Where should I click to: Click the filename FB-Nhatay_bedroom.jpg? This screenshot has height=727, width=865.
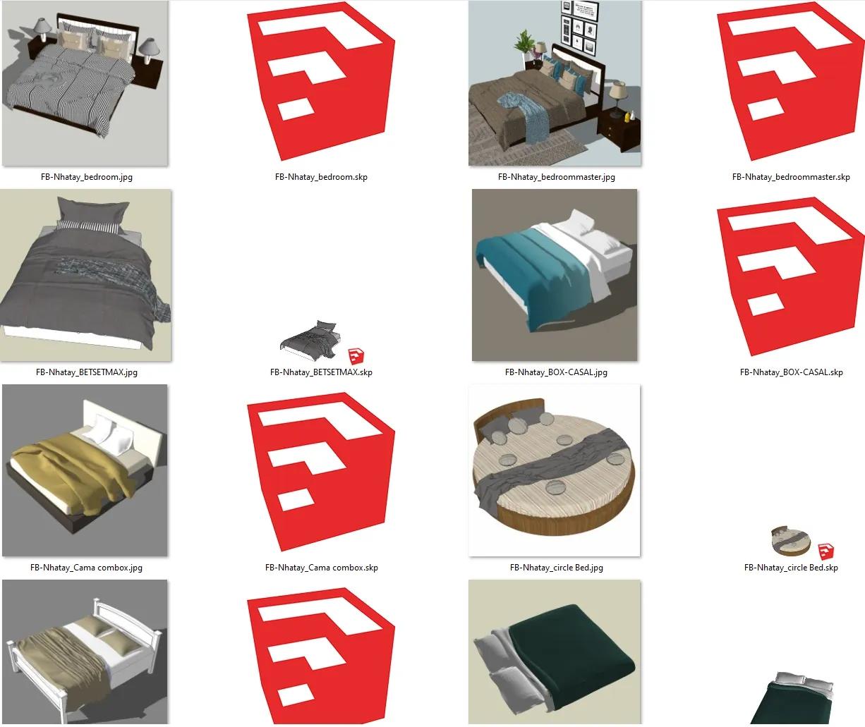point(87,177)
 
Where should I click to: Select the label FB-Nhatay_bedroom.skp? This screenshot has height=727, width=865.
point(321,177)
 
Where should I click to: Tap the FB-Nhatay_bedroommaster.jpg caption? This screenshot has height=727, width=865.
point(557,177)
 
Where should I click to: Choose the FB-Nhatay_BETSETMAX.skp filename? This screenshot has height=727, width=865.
point(321,372)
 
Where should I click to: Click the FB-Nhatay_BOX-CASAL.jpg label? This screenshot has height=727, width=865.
point(557,372)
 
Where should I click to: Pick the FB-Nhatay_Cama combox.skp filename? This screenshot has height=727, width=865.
point(322,568)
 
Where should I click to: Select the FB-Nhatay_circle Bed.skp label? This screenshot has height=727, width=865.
point(791,568)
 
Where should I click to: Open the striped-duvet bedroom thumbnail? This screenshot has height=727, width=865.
point(85,83)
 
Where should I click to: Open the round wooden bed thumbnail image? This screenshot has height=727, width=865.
point(555,470)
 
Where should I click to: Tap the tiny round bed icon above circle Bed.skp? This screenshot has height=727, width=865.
point(790,541)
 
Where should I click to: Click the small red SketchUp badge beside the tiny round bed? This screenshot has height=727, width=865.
point(826,551)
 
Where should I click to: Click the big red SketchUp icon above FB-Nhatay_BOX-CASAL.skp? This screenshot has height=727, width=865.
point(790,276)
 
